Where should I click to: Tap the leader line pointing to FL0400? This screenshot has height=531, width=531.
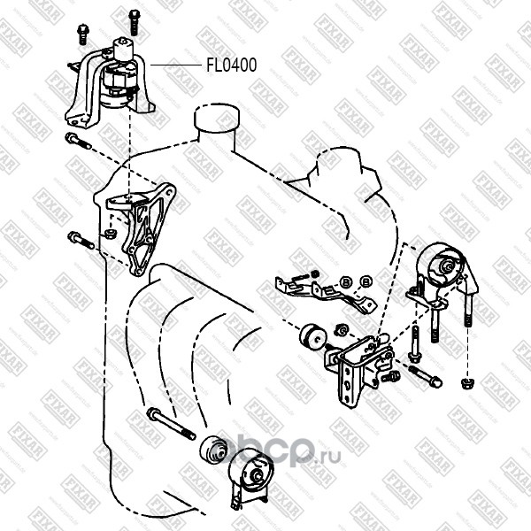click(169, 65)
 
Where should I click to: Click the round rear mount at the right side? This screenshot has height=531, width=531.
click(445, 263)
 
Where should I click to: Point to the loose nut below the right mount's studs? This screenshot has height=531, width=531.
click(466, 382)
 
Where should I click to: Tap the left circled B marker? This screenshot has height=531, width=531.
click(346, 281)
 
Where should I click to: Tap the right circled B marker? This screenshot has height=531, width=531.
click(366, 281)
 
